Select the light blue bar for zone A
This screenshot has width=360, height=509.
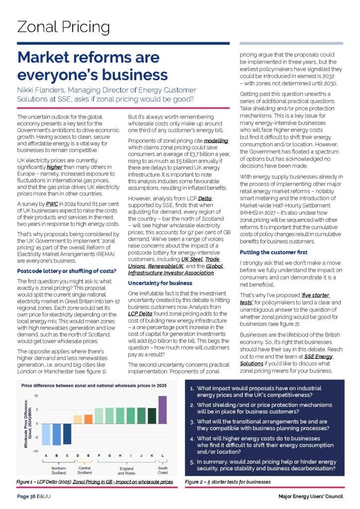point(46,434)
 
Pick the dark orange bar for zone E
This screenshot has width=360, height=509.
point(89,419)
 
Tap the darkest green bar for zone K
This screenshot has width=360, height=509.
point(152,416)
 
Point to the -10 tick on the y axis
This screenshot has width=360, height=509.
point(36,451)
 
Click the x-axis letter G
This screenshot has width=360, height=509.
point(109,455)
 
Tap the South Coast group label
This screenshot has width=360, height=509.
point(163,470)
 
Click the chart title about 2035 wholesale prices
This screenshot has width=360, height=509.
point(94,385)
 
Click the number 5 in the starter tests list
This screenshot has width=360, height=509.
point(192,461)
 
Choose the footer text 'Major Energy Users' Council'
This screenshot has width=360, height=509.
point(310,497)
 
